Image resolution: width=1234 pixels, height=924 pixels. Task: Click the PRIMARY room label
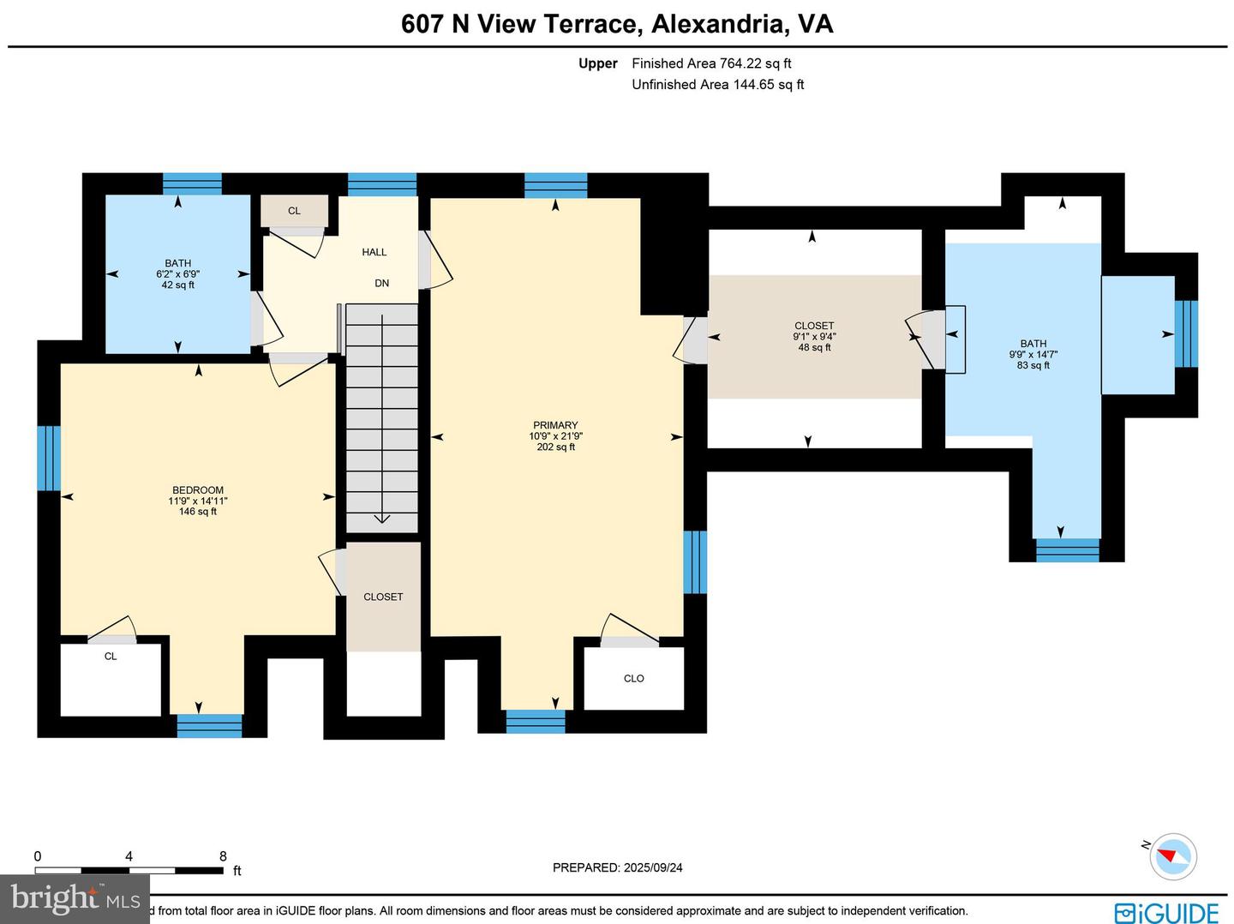pyautogui.click(x=555, y=425)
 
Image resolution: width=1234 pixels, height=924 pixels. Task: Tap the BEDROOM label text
pyautogui.click(x=197, y=490)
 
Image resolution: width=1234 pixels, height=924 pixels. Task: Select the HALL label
pyautogui.click(x=374, y=252)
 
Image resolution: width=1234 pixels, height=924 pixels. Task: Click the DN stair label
pyautogui.click(x=382, y=284)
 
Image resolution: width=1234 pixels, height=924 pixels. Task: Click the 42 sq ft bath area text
pyautogui.click(x=177, y=285)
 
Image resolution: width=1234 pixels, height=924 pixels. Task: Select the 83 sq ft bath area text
pyautogui.click(x=1033, y=366)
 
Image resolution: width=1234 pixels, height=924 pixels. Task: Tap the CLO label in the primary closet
pyautogui.click(x=634, y=679)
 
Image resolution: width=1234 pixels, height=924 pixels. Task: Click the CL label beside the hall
pyautogui.click(x=294, y=211)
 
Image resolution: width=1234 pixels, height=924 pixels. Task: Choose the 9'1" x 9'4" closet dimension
pyautogui.click(x=814, y=337)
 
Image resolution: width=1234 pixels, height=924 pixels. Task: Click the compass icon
pyautogui.click(x=1172, y=855)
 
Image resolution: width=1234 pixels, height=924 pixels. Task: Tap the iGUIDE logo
pyautogui.click(x=1166, y=912)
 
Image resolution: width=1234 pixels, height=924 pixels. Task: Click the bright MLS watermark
pyautogui.click(x=75, y=898)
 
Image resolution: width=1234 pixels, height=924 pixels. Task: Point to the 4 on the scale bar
pyautogui.click(x=129, y=856)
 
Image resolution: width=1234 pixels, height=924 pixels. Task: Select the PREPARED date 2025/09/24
pyautogui.click(x=617, y=867)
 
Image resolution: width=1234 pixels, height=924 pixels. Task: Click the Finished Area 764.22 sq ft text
pyautogui.click(x=711, y=63)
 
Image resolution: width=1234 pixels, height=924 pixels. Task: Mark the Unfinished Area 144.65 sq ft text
pyautogui.click(x=717, y=85)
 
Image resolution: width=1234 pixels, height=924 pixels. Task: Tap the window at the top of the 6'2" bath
pyautogui.click(x=192, y=183)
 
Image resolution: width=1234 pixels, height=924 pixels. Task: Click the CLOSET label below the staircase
pyautogui.click(x=383, y=597)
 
